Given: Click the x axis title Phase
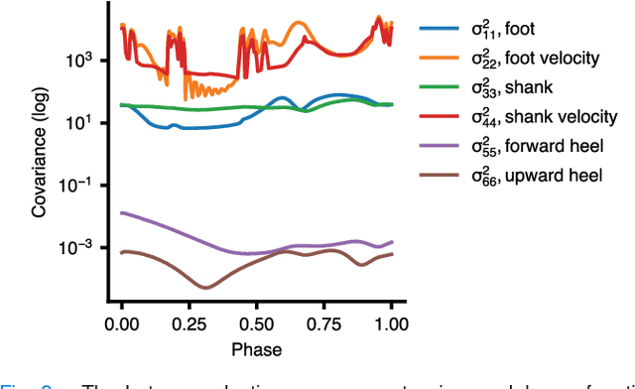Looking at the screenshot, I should click(x=256, y=349).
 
